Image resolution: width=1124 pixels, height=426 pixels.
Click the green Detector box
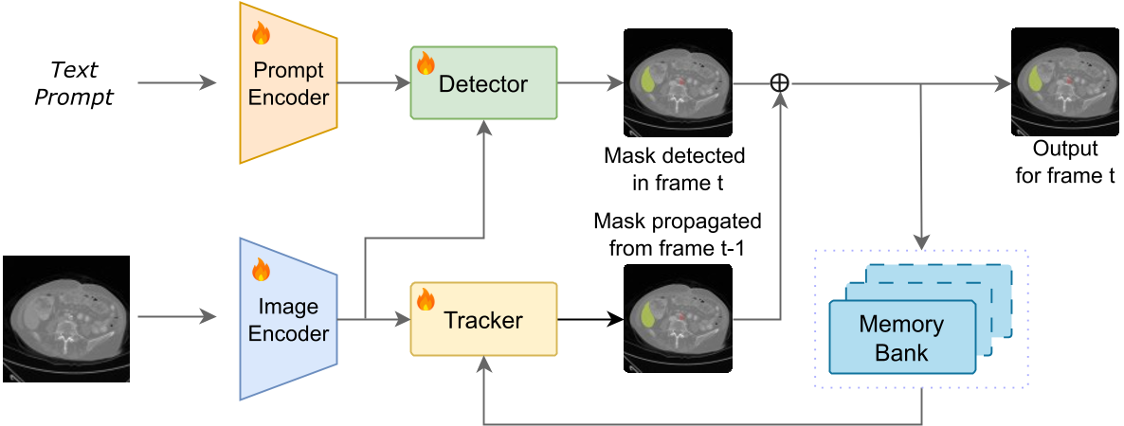click(483, 83)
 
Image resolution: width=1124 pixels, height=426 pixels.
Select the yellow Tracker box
click(483, 319)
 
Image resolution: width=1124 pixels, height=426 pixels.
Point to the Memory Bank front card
click(901, 337)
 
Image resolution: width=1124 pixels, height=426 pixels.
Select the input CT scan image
click(66, 319)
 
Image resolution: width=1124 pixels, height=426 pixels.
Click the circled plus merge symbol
click(779, 83)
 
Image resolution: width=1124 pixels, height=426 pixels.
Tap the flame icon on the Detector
click(426, 63)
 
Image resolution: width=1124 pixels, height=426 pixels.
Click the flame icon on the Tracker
click(426, 300)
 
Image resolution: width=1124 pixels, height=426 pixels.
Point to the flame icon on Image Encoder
click(261, 271)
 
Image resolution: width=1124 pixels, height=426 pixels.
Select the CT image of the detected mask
click(677, 82)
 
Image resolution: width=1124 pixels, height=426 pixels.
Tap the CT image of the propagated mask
click(677, 319)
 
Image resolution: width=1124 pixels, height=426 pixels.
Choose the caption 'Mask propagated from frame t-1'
click(677, 234)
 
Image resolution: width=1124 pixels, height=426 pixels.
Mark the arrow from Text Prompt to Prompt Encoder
click(176, 83)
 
